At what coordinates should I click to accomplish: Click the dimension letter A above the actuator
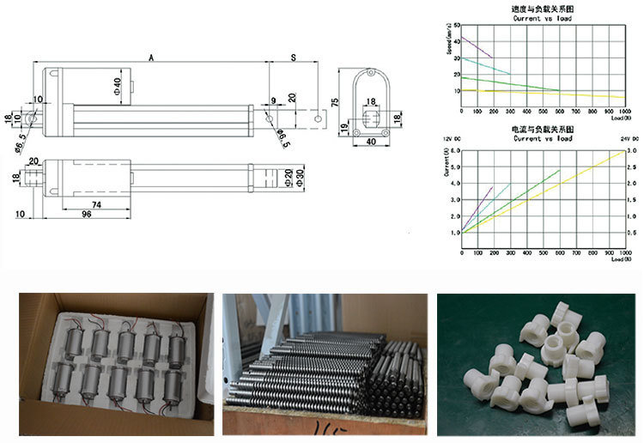click(150, 58)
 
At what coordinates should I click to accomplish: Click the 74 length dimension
click(96, 203)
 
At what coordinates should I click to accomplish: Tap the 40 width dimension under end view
click(371, 141)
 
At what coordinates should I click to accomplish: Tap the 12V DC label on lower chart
click(452, 138)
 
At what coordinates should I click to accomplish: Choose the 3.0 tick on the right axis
click(632, 150)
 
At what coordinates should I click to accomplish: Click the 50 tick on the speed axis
click(456, 25)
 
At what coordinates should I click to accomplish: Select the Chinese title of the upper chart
click(540, 9)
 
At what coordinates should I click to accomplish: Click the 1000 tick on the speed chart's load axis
click(620, 112)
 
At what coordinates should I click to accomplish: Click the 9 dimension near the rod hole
click(273, 101)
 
